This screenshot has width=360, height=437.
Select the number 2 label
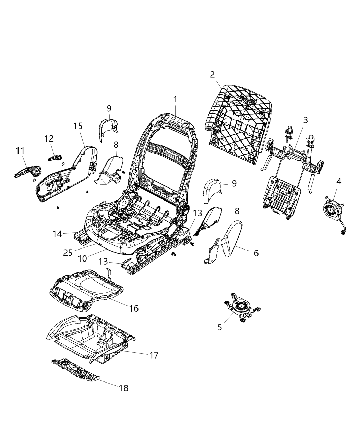212,74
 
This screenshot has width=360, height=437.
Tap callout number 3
305,120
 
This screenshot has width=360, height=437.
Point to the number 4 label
339,181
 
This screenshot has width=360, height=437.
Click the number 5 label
220,327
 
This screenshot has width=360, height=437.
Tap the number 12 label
49,139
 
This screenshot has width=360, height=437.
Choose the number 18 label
123,388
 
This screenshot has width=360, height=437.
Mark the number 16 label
134,308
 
